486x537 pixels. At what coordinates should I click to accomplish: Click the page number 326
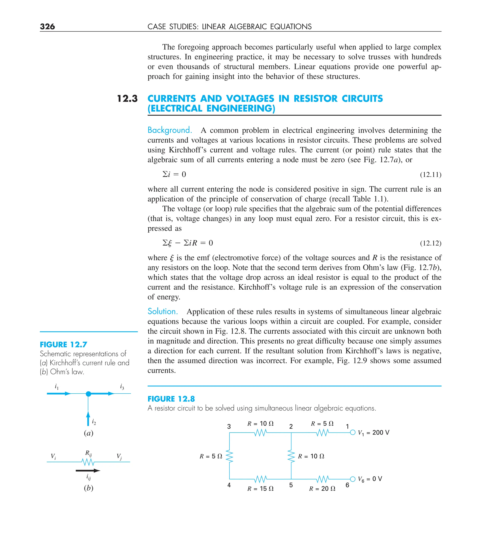click(47, 26)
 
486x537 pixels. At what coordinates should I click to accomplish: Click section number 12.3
click(127, 99)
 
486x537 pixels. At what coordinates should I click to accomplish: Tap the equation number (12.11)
click(430, 175)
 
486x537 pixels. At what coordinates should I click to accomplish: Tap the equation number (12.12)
click(430, 243)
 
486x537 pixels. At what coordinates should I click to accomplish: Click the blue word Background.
click(170, 130)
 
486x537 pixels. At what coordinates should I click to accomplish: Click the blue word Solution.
click(163, 311)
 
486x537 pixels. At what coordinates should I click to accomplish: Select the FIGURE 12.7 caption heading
click(63, 345)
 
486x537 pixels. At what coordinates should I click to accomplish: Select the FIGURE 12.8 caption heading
click(171, 399)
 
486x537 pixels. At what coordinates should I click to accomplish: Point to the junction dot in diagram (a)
click(89, 394)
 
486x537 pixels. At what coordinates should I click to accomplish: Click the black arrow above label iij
click(88, 471)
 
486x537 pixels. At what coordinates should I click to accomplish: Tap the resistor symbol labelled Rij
click(88, 462)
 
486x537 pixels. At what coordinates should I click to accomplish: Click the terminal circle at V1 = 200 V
click(353, 432)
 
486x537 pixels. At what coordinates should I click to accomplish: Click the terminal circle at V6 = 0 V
click(353, 479)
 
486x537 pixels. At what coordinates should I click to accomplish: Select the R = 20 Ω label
click(322, 489)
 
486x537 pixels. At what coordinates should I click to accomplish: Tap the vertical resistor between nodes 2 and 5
click(291, 456)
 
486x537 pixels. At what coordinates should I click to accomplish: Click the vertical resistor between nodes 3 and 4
click(229, 456)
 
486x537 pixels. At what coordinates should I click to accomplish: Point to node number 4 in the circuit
click(229, 485)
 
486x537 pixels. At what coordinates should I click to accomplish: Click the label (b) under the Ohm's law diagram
click(89, 488)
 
